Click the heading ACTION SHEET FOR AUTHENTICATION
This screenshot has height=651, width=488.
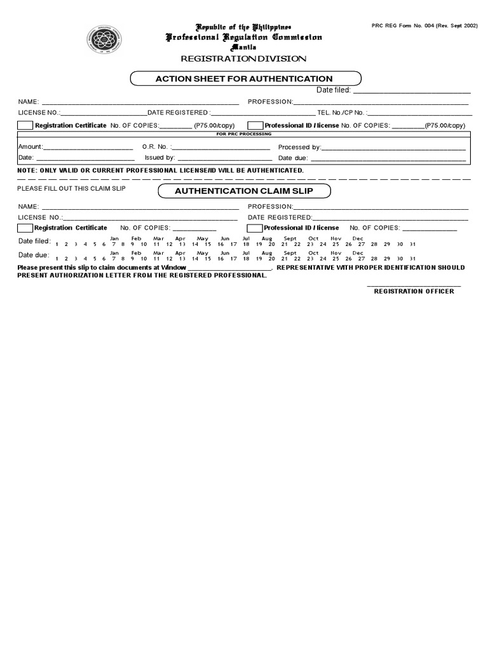coord(245,78)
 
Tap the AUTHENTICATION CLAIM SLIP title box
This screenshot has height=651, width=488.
coord(243,191)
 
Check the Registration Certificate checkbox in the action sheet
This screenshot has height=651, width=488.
coord(25,125)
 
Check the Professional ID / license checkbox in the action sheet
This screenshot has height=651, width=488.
coord(255,125)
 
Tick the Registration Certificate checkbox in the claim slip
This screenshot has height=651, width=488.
coord(25,228)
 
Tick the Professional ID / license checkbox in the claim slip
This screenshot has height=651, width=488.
coord(254,228)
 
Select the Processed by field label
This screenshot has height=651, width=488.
coord(300,147)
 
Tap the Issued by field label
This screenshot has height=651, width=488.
coord(159,158)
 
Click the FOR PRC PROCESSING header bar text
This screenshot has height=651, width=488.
coord(243,134)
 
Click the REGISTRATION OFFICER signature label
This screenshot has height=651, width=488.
coord(414,291)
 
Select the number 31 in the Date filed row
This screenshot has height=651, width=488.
coord(412,243)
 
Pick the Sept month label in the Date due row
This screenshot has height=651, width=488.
coord(290,253)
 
